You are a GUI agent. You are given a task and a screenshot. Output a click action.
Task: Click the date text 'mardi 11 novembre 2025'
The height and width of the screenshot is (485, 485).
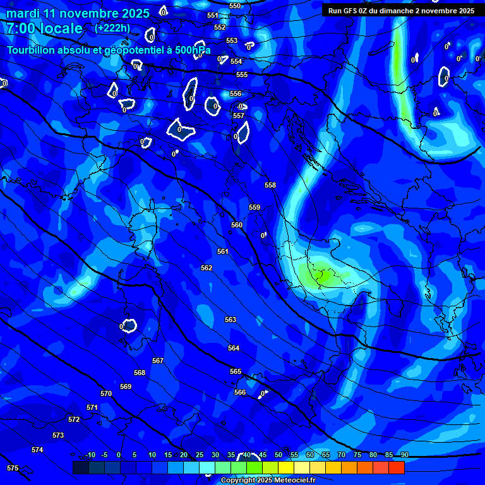click(78, 13)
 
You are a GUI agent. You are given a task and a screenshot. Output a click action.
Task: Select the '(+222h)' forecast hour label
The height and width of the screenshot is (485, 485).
click(112, 28)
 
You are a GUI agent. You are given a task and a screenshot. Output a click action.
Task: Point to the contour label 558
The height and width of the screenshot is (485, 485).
click(270, 185)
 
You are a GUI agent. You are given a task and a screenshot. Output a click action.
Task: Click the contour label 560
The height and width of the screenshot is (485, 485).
click(237, 225)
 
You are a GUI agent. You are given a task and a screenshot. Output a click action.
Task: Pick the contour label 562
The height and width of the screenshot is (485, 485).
click(207, 268)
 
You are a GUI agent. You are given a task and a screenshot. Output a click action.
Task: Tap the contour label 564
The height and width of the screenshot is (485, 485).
click(234, 348)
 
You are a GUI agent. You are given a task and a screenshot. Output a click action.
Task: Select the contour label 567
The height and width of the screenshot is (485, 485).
click(158, 361)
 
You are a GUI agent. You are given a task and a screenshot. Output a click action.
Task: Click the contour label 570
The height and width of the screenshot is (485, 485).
click(106, 393)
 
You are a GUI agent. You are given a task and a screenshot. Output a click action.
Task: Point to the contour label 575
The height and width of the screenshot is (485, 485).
click(13, 468)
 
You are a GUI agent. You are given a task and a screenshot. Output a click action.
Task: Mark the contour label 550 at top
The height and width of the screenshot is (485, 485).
click(235, 6)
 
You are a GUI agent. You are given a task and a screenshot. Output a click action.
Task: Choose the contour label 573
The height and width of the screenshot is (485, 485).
click(58, 435)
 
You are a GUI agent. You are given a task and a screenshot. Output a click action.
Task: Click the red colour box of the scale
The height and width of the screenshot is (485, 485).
click(396, 468)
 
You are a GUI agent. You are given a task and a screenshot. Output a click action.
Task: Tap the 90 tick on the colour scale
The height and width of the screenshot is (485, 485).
click(404, 455)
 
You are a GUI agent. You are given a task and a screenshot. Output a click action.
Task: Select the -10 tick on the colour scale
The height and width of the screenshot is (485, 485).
click(90, 455)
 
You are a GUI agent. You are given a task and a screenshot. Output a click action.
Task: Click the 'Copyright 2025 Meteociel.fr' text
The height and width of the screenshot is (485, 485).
click(268, 481)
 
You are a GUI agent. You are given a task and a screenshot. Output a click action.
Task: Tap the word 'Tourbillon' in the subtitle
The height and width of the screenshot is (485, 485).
click(31, 50)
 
